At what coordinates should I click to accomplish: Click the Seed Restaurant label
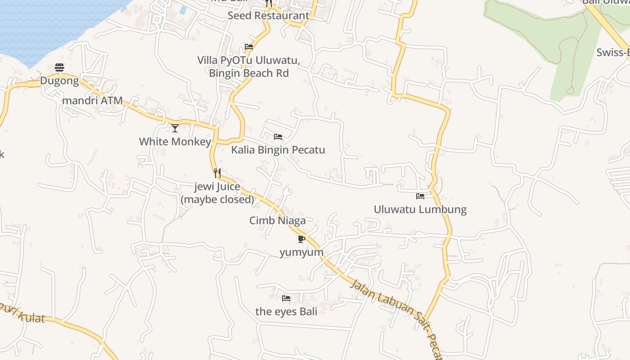[x=268, y=15]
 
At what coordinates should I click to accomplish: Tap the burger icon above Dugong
[x=59, y=67]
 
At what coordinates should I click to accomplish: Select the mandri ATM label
[x=92, y=100]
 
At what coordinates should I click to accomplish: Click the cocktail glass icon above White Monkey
[x=175, y=128]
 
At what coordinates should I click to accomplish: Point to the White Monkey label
[x=175, y=142]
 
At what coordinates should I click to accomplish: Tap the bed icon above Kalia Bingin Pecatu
[x=278, y=136]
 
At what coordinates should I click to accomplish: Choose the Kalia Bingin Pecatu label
[x=278, y=150]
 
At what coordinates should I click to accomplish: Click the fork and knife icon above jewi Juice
[x=217, y=173]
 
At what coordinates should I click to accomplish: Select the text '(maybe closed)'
[x=217, y=199]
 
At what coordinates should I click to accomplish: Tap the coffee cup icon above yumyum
[x=301, y=238]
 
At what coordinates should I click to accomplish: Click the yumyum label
[x=301, y=252]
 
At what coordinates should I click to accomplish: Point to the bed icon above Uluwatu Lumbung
[x=420, y=196]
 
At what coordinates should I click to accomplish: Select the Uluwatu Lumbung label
[x=420, y=209]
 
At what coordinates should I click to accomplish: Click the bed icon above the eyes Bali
[x=286, y=298]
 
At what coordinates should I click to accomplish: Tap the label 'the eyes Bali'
[x=286, y=311]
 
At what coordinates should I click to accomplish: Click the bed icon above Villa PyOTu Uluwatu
[x=248, y=47]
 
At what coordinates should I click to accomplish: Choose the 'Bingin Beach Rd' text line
[x=249, y=73]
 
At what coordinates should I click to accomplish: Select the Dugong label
[x=59, y=81]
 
